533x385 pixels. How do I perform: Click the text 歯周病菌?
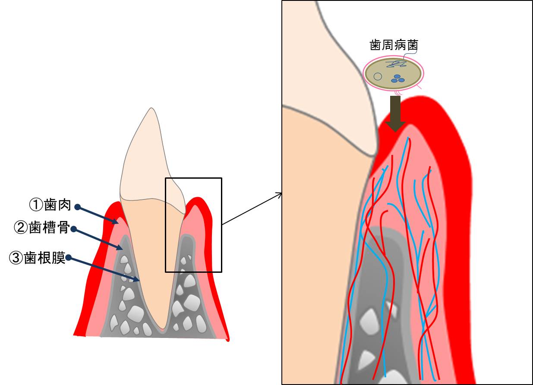point(394,45)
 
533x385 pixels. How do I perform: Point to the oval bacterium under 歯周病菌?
point(393,73)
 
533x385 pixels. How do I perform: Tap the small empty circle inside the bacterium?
point(378,77)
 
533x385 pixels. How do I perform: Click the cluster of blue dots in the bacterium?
point(398,79)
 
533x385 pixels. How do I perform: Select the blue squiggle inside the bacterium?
point(397,64)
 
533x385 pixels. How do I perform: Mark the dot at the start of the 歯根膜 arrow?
point(68,259)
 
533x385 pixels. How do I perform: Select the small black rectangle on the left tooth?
point(193,225)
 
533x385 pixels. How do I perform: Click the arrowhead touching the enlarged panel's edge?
point(280,194)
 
